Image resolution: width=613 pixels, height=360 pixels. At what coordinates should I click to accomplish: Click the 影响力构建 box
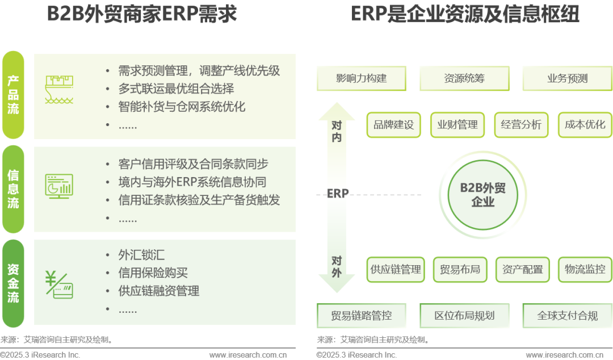coord(362,78)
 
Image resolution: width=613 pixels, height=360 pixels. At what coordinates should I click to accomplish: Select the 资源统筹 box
coord(464,78)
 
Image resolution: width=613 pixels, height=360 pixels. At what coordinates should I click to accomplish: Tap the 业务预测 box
coord(567,78)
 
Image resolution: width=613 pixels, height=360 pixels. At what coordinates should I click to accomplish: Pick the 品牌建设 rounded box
coord(394,125)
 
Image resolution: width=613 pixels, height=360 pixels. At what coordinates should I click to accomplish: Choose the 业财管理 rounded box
coord(457,125)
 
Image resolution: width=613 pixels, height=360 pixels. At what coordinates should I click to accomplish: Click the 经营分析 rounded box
coord(521,125)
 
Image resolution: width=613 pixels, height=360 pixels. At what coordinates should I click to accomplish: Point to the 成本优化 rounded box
coord(585,125)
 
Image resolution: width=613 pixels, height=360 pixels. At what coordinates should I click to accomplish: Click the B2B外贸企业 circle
coord(483,195)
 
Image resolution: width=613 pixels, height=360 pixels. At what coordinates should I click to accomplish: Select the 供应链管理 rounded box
coord(396,269)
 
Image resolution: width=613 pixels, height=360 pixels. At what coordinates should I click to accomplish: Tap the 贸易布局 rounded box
coord(459,269)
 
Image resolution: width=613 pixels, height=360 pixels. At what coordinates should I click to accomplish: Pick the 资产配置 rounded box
coord(522,269)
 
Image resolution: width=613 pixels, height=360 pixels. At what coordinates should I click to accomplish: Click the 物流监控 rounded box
coord(585,269)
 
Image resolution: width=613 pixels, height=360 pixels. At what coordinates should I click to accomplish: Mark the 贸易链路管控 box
coord(362,315)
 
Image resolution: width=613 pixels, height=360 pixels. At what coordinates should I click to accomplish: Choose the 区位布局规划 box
coord(464,315)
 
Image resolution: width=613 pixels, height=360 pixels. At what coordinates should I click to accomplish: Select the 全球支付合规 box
coord(567,315)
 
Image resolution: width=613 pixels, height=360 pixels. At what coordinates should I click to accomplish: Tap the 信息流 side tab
coord(13,189)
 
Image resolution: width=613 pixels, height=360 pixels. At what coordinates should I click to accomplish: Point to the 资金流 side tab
coord(13,282)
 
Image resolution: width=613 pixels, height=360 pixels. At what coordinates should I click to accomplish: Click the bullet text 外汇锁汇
coord(141,255)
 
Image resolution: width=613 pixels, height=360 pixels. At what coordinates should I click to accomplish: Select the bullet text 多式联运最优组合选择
coord(176,89)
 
